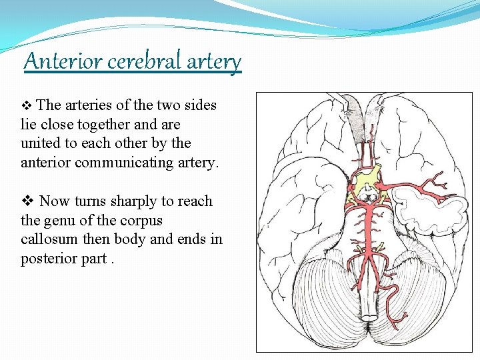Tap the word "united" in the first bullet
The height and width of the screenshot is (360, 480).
coord(39,143)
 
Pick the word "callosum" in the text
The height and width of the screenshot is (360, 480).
coord(50,239)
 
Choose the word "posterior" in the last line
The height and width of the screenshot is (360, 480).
coord(50,259)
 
